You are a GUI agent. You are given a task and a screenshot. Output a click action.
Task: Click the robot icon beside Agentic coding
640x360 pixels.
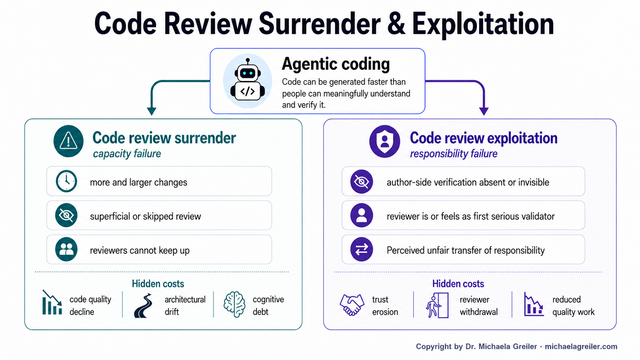247,81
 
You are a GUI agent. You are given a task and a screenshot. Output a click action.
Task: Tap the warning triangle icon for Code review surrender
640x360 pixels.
68,141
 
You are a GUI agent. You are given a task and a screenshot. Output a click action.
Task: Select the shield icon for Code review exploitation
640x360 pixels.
385,141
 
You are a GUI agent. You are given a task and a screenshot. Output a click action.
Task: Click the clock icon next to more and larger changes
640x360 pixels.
66,181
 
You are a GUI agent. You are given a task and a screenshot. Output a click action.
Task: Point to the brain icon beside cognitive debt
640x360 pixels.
235,304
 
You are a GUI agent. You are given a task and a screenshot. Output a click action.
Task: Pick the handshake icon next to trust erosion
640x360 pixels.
352,305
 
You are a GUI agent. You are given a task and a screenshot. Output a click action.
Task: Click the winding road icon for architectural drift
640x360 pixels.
143,305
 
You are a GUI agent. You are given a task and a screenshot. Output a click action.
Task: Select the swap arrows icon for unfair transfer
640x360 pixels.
361,249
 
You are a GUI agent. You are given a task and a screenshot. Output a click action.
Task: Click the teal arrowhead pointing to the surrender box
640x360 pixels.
152,111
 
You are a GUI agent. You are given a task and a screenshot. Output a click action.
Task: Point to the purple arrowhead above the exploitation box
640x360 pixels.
484,111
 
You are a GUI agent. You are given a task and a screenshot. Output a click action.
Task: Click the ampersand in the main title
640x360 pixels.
396,24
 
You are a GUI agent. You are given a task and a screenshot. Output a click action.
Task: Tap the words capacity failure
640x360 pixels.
127,153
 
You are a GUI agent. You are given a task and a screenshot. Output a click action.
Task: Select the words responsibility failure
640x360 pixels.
454,153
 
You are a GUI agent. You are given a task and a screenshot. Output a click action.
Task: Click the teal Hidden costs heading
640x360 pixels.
158,284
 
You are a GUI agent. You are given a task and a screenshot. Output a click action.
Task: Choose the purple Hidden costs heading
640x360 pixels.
458,284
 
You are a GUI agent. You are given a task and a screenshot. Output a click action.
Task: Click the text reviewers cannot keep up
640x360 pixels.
140,250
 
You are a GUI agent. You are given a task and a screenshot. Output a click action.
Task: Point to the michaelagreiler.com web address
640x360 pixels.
581,347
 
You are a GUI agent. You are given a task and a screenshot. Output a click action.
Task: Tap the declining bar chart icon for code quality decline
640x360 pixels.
52,302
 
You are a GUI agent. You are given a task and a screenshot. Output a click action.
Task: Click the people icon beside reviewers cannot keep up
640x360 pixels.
66,249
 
